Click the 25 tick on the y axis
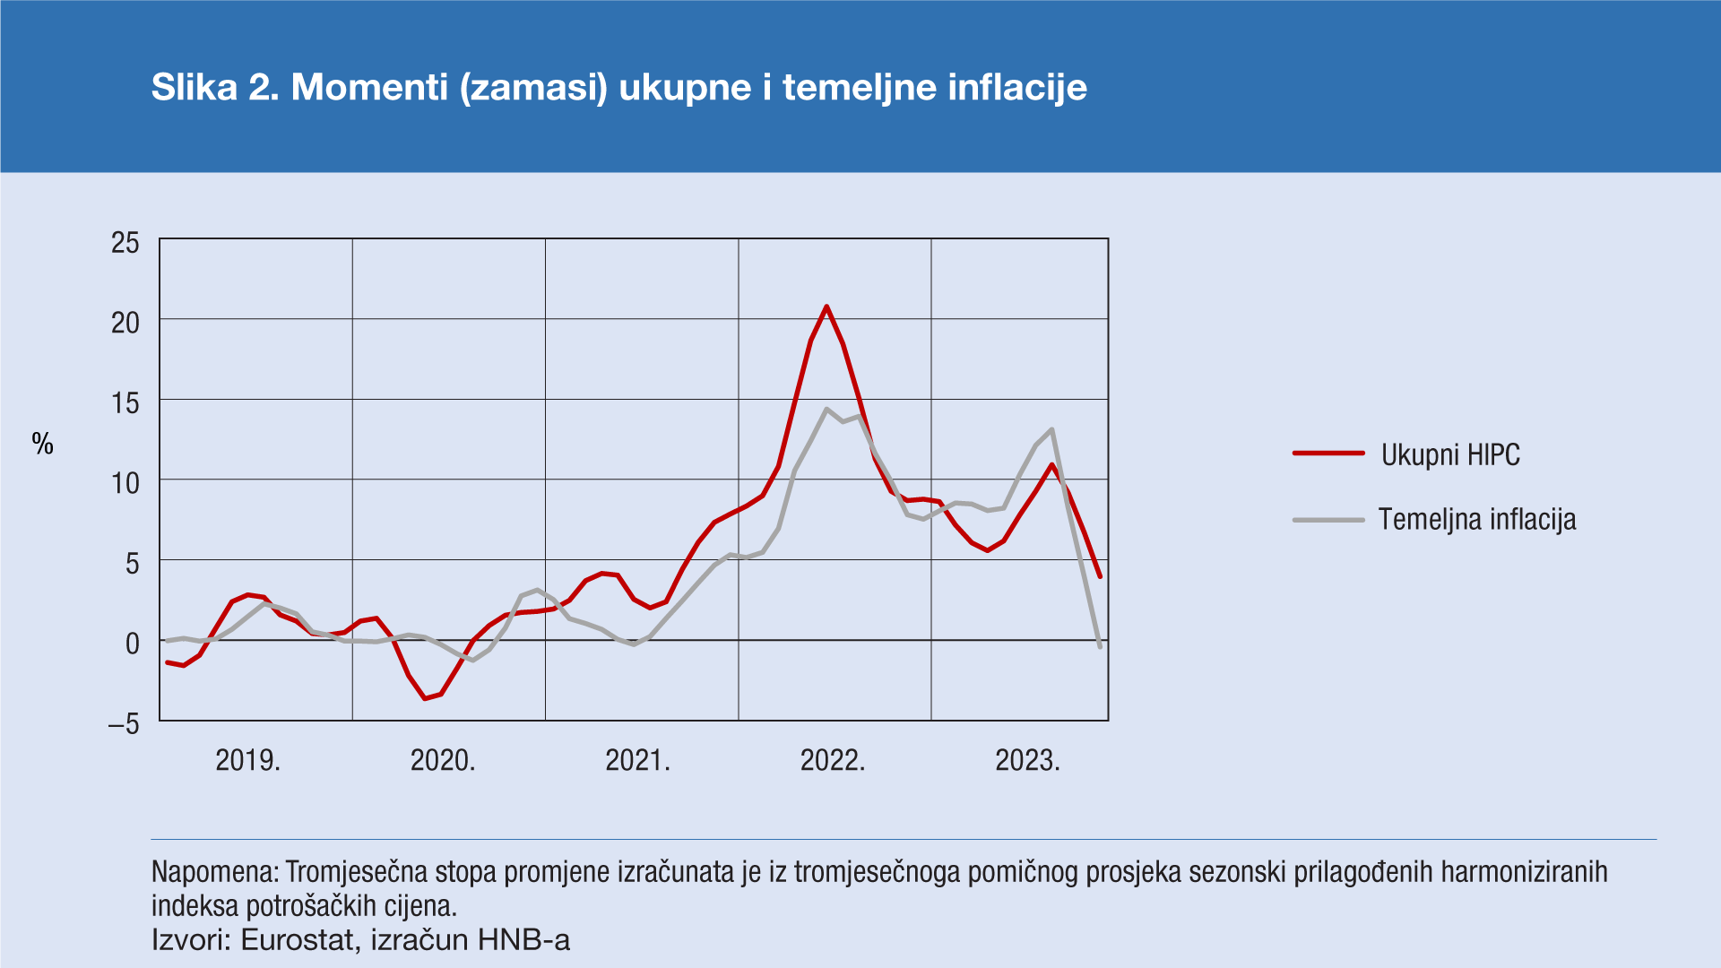(x=125, y=242)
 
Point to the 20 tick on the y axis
(x=125, y=323)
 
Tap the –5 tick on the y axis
(x=124, y=723)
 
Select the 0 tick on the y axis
(x=133, y=643)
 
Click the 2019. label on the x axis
(x=248, y=761)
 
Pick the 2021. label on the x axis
(x=637, y=761)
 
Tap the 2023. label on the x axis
(x=1027, y=761)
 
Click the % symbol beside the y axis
(x=43, y=444)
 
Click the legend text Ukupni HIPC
(x=1450, y=455)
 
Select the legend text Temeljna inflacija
(x=1476, y=520)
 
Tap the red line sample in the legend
(x=1328, y=454)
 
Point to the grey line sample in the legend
(x=1328, y=520)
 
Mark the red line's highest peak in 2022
(x=826, y=307)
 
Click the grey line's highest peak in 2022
(x=826, y=409)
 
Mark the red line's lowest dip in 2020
(x=425, y=698)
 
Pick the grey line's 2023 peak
(x=1051, y=429)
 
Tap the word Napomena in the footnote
(x=215, y=872)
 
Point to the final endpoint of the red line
(x=1100, y=576)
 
